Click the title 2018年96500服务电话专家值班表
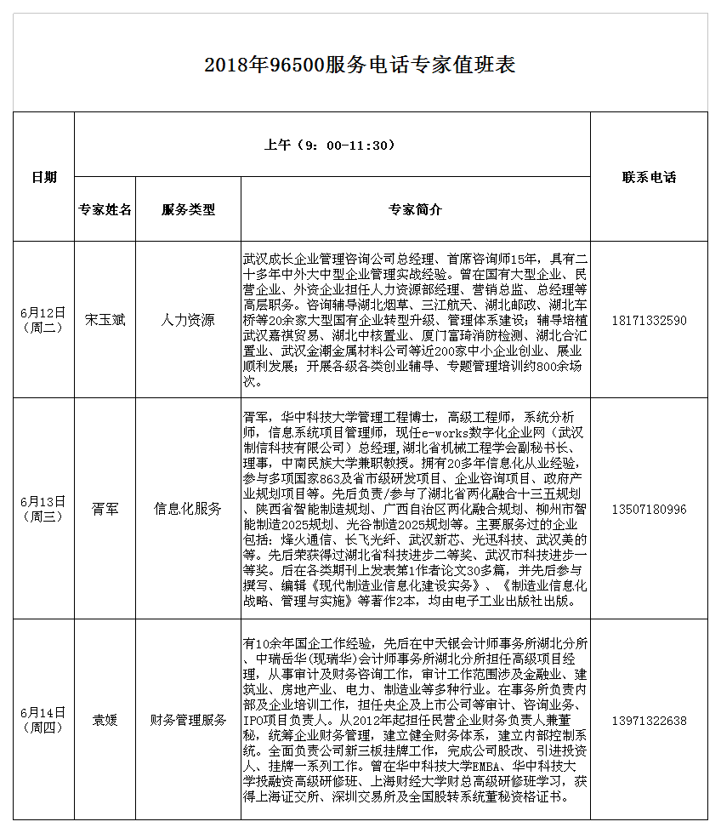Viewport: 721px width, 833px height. (x=360, y=66)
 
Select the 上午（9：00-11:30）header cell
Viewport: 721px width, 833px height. (x=331, y=145)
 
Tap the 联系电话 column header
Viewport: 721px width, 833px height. (x=649, y=177)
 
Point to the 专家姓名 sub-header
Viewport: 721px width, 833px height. (x=105, y=209)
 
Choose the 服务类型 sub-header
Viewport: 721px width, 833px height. (x=188, y=209)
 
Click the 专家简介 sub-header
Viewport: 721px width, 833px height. (x=415, y=209)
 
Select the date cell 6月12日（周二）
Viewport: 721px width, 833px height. (x=43, y=320)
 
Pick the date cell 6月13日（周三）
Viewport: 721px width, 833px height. (x=43, y=508)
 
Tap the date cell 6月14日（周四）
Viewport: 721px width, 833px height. (x=43, y=720)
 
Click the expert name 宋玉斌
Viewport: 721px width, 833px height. (x=105, y=320)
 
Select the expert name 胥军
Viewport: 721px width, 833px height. (x=105, y=509)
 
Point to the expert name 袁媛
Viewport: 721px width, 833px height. (x=105, y=720)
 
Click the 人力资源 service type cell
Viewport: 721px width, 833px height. (x=188, y=320)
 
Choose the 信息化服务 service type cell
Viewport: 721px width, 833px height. (x=188, y=509)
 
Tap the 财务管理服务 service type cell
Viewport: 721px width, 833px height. (x=188, y=720)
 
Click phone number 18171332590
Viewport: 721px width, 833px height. (x=649, y=320)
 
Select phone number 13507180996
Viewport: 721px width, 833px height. (x=649, y=509)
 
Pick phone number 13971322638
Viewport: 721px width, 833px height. (x=649, y=720)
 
